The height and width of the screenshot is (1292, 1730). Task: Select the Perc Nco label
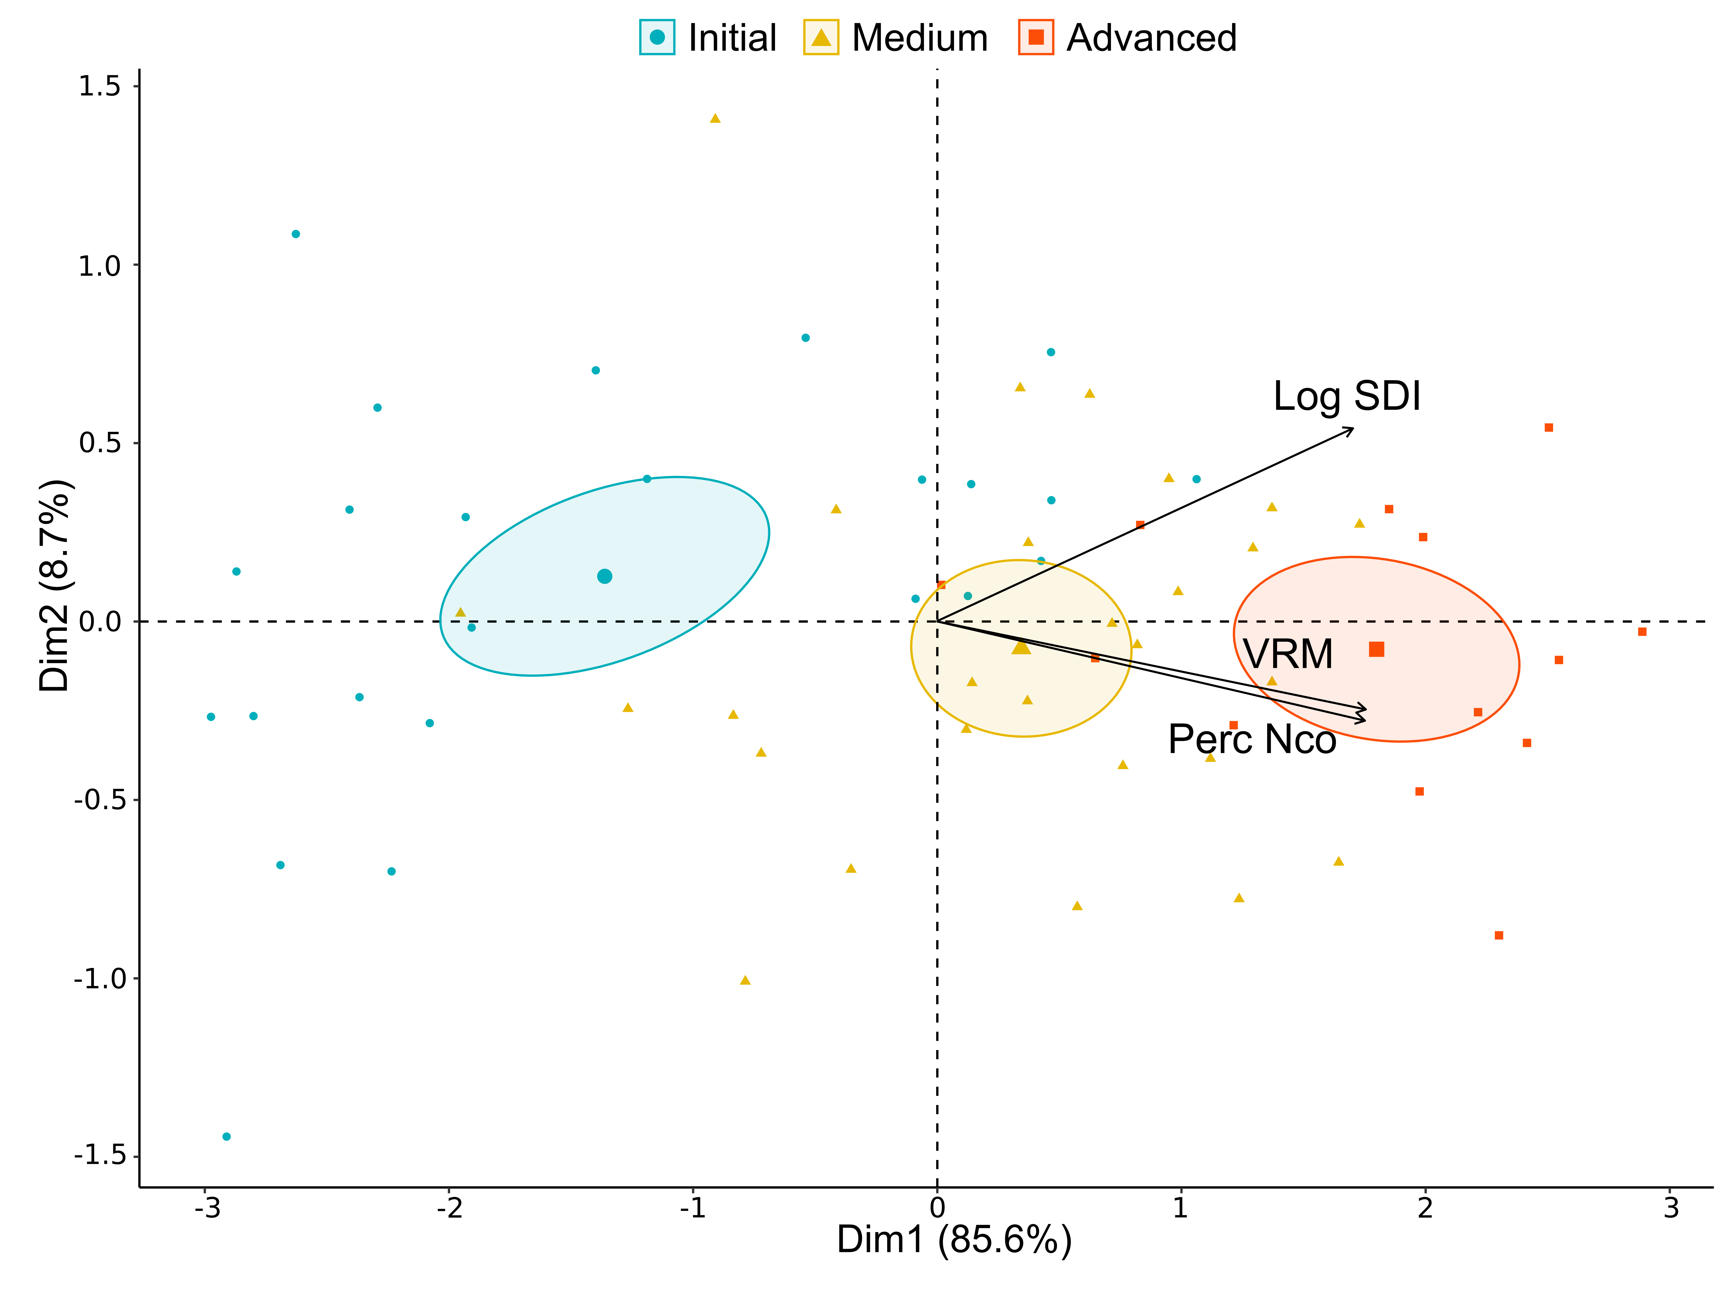pyautogui.click(x=1252, y=739)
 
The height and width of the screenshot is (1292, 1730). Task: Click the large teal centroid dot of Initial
pyautogui.click(x=604, y=577)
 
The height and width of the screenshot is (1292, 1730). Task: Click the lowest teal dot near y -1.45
pyautogui.click(x=227, y=1136)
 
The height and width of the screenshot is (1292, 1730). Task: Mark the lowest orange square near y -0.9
pyautogui.click(x=1499, y=935)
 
